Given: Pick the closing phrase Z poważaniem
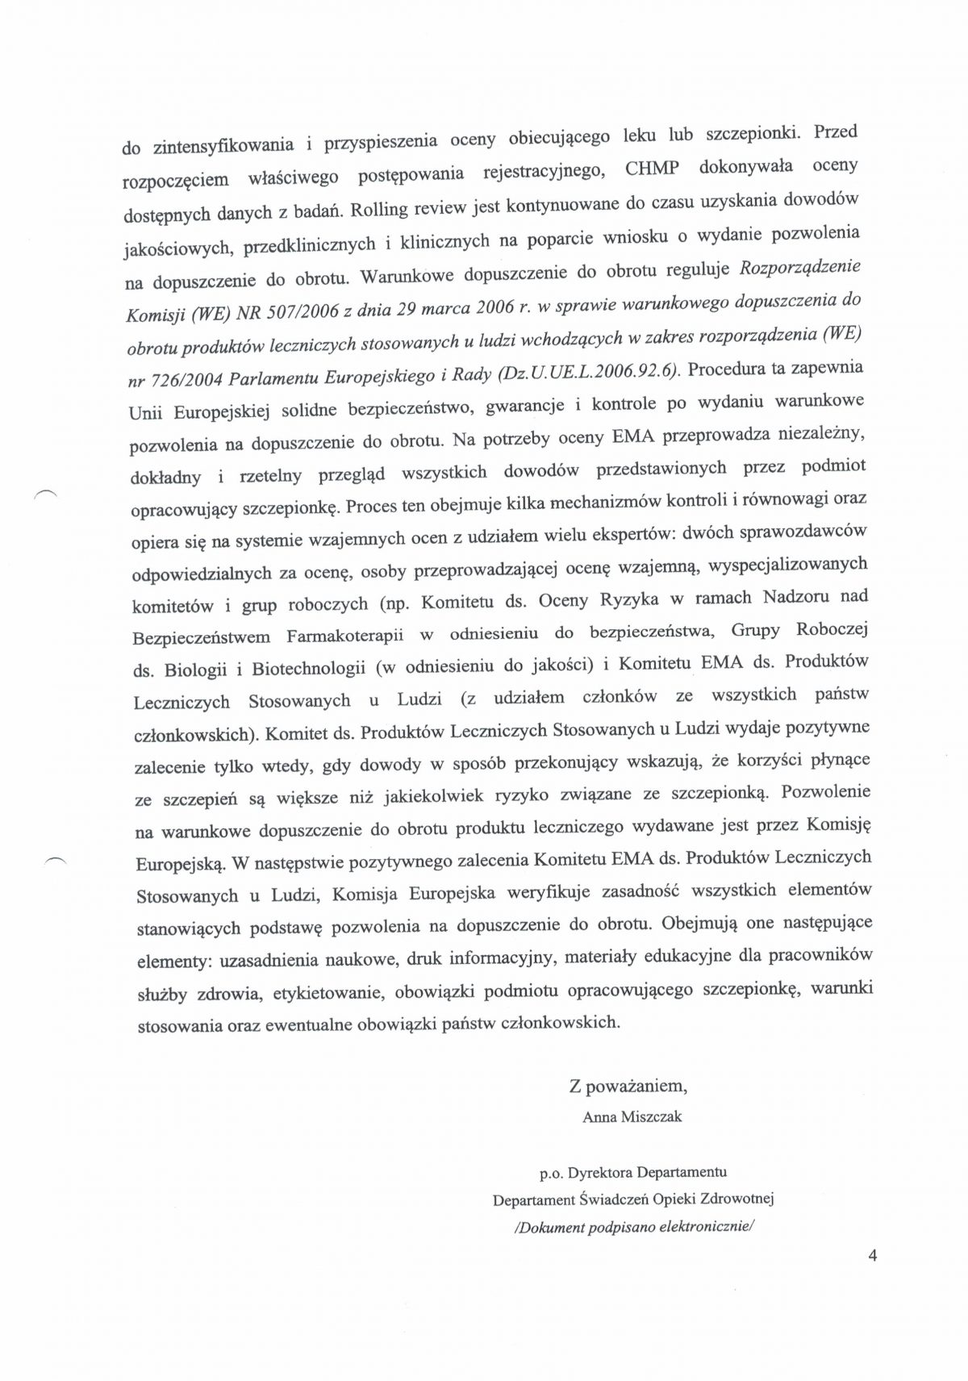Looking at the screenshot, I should [628, 1087].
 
